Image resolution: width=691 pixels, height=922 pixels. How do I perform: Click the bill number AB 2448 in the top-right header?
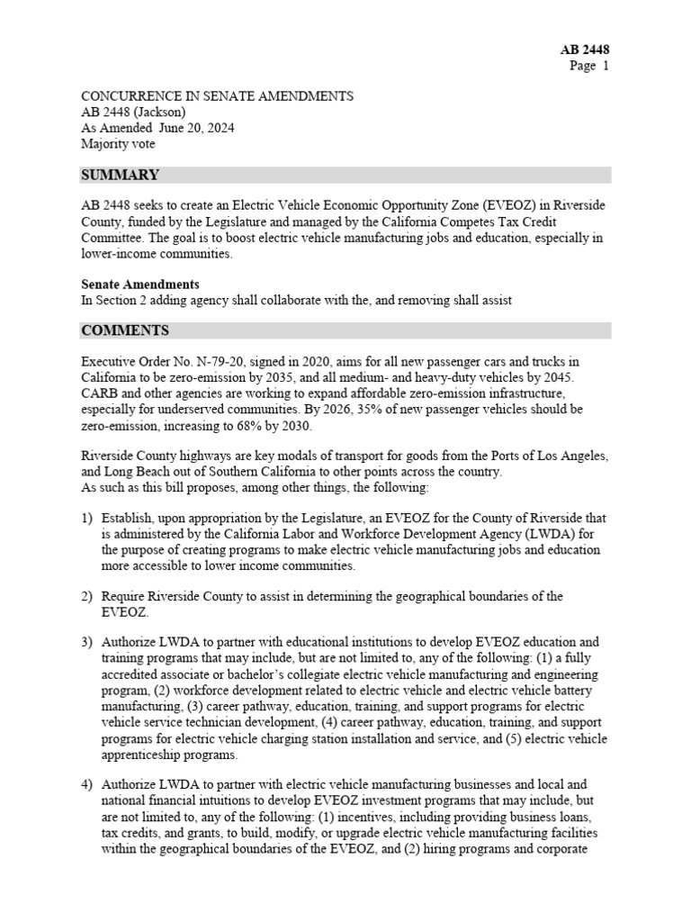585,50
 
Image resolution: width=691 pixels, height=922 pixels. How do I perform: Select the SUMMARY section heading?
121,175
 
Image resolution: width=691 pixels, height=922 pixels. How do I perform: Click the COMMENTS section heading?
125,330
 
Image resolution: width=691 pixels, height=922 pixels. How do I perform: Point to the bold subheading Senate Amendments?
140,285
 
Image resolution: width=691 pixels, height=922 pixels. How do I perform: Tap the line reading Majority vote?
118,144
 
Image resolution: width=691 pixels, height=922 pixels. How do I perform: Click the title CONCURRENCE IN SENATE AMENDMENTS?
217,95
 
